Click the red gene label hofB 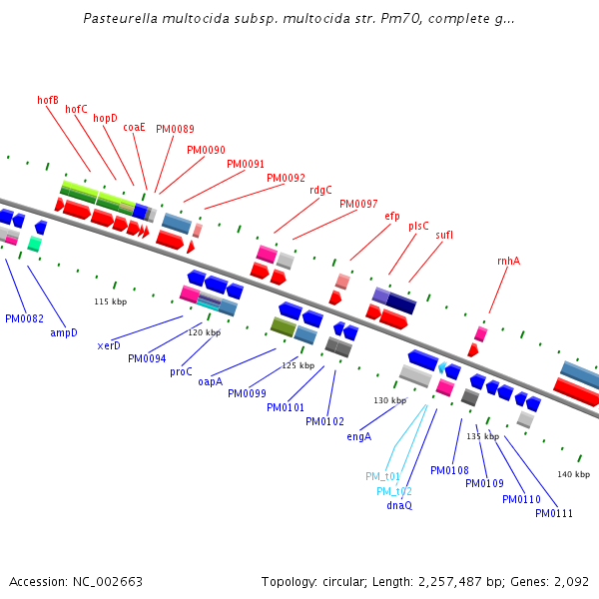pyautogui.click(x=48, y=100)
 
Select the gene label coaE pyautogui.click(x=134, y=127)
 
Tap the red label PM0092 pyautogui.click(x=286, y=178)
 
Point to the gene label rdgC pyautogui.click(x=320, y=190)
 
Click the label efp pyautogui.click(x=391, y=216)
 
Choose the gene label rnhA pyautogui.click(x=508, y=261)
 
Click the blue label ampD pyautogui.click(x=64, y=332)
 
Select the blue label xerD pyautogui.click(x=109, y=345)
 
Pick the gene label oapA pyautogui.click(x=210, y=381)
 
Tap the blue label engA pyautogui.click(x=359, y=436)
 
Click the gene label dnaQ pyautogui.click(x=399, y=505)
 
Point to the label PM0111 pyautogui.click(x=554, y=513)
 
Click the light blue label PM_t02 pyautogui.click(x=394, y=491)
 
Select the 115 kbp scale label pyautogui.click(x=111, y=301)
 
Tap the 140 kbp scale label pyautogui.click(x=573, y=474)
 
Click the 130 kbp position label pyautogui.click(x=389, y=400)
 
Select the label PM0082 pyautogui.click(x=24, y=318)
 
